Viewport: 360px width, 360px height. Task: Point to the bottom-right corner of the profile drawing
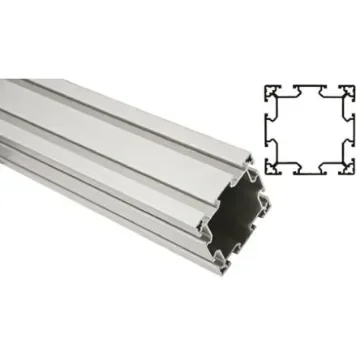point(357,177)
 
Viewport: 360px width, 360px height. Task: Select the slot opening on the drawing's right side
point(353,131)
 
